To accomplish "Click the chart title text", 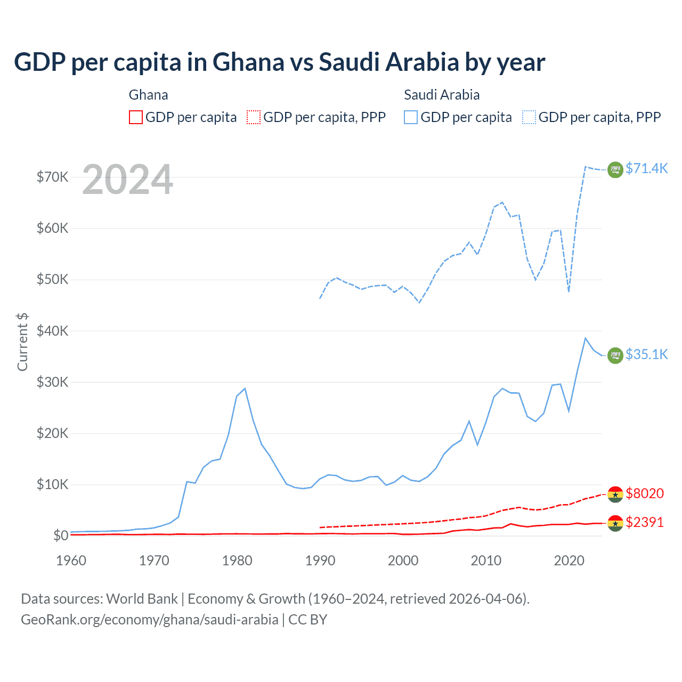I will [279, 62].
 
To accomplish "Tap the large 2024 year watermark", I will [128, 180].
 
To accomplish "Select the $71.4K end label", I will [646, 168].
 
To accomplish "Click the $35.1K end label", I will [646, 354].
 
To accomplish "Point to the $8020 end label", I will [645, 493].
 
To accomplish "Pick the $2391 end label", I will [645, 522].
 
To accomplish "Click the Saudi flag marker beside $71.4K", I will [615, 169].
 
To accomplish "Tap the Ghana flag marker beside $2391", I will [615, 523].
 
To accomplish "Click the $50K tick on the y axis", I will [52, 279].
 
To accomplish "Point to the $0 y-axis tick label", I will [60, 535].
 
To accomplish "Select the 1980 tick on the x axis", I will [237, 561].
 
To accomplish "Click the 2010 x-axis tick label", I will [486, 561].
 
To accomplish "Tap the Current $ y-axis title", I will [22, 342].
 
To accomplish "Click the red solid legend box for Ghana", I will [136, 117].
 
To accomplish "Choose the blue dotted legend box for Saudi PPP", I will [529, 117].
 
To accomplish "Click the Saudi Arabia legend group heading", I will [442, 95].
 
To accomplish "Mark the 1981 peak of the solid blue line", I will [245, 388].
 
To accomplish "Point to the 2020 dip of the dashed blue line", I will [569, 291].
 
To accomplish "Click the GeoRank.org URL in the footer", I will [150, 620].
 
